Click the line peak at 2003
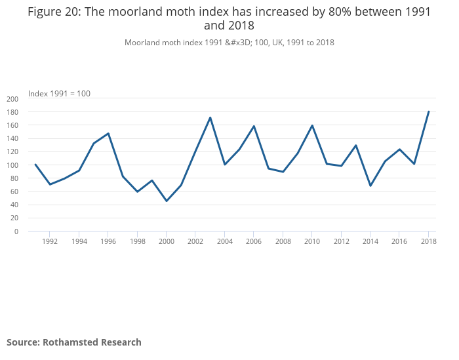210,117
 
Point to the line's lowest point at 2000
167,201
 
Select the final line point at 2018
428,111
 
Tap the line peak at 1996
108,133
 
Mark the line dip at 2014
370,186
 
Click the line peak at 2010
312,125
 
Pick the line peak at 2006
254,126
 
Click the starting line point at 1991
35,165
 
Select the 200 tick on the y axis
12,99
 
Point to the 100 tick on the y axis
12,165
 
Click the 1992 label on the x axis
50,241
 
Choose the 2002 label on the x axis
195,241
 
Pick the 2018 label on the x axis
428,241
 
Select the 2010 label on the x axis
312,241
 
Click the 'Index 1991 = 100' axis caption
59,94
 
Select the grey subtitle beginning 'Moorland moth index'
229,43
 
